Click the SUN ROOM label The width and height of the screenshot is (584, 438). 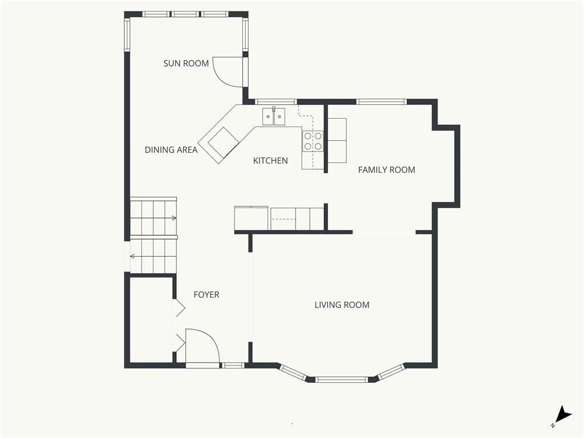(x=186, y=63)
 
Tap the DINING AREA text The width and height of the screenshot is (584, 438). (x=171, y=150)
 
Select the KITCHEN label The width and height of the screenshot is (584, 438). (x=270, y=160)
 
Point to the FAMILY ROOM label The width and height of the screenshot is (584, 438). (x=387, y=170)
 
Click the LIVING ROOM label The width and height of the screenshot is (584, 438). (x=342, y=305)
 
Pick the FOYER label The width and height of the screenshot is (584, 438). (x=206, y=295)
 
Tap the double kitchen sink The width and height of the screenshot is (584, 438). (x=274, y=116)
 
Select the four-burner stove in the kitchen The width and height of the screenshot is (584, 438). (x=313, y=141)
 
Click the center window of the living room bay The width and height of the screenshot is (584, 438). (x=342, y=379)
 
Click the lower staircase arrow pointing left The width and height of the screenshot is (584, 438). (x=153, y=256)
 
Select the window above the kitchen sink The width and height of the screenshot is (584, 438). (x=275, y=102)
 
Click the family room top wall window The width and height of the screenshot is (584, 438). (x=382, y=102)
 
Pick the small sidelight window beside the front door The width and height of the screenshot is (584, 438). (x=233, y=366)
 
